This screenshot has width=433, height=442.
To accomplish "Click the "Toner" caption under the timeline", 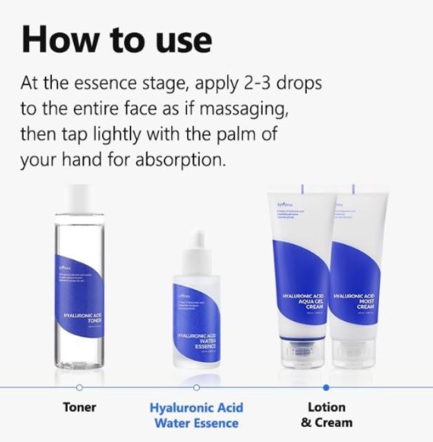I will [x=79, y=407].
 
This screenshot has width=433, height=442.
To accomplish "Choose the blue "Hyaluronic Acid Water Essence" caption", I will [x=196, y=414].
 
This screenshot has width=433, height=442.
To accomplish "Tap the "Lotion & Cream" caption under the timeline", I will [x=325, y=414].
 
